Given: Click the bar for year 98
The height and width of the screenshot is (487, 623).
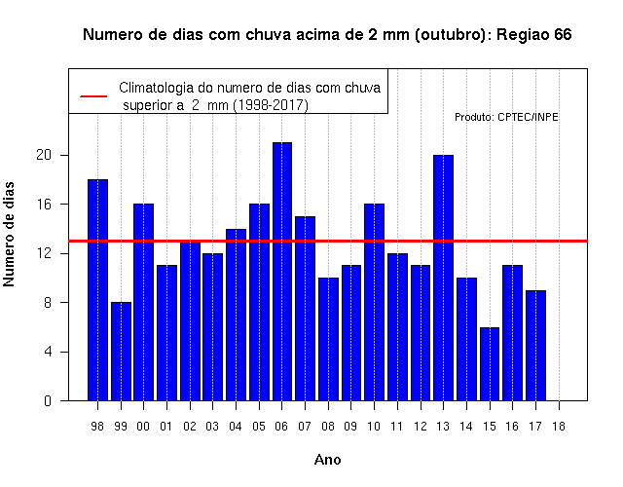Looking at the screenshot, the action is pyautogui.click(x=97, y=290).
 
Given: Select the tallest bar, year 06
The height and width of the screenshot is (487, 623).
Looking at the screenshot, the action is pyautogui.click(x=282, y=272).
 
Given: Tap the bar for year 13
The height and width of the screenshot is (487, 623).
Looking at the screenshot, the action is pyautogui.click(x=444, y=278).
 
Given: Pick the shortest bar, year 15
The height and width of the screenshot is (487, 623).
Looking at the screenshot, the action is pyautogui.click(x=490, y=363).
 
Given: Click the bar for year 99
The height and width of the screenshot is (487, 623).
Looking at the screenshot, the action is pyautogui.click(x=121, y=352).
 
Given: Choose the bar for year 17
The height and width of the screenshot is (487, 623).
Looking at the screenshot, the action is pyautogui.click(x=535, y=346).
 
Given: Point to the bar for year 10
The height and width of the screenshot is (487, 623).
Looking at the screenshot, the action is pyautogui.click(x=374, y=302).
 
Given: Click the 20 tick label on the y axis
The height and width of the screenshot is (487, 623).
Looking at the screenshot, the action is pyautogui.click(x=44, y=155).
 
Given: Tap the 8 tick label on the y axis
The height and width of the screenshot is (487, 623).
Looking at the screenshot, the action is pyautogui.click(x=48, y=303).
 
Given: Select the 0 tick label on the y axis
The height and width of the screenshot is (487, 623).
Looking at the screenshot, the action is pyautogui.click(x=48, y=401).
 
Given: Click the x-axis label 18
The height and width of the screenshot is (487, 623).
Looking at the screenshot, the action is pyautogui.click(x=559, y=427).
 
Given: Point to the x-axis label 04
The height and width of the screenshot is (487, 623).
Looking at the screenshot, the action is pyautogui.click(x=236, y=427).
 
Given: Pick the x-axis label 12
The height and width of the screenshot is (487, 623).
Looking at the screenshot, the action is pyautogui.click(x=421, y=427).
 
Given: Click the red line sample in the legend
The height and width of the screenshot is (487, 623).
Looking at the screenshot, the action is pyautogui.click(x=93, y=95).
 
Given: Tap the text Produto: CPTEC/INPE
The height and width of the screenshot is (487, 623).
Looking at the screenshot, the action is pyautogui.click(x=506, y=117).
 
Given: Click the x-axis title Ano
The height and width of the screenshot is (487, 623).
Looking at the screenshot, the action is pyautogui.click(x=328, y=460).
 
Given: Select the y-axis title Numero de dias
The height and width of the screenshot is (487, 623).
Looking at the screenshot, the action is pyautogui.click(x=9, y=234).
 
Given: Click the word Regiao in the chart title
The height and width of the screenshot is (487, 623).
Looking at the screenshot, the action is pyautogui.click(x=518, y=35).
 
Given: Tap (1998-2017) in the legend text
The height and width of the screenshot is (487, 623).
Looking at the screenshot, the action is pyautogui.click(x=271, y=105).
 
